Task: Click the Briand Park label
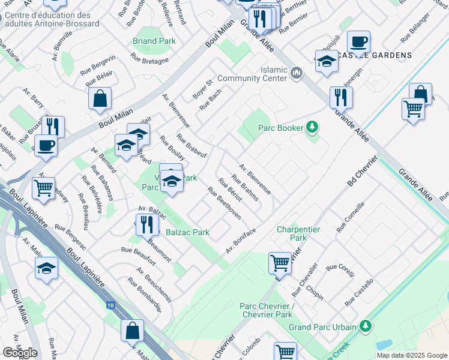coord(154,41)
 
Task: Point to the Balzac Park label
coord(187,232)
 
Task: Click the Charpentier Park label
coord(298,233)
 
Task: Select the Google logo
coord(20,352)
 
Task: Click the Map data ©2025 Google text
coord(412,355)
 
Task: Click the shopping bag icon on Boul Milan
coord(100,98)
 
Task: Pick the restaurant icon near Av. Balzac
coord(146,224)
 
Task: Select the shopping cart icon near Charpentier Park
coord(280,262)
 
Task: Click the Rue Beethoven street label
coord(224,203)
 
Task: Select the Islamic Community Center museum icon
coord(296,73)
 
